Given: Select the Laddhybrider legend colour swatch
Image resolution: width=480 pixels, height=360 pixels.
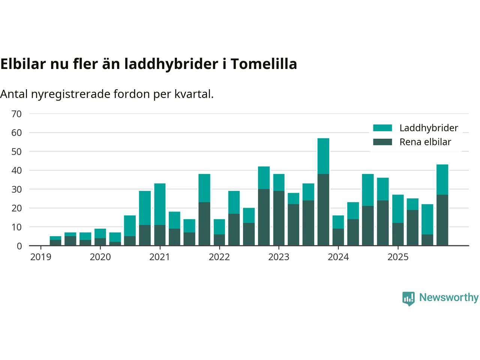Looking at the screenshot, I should click(x=382, y=128).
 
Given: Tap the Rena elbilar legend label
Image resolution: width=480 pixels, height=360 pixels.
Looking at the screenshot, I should click(x=425, y=142).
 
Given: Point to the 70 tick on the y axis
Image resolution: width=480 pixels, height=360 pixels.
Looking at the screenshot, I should click(x=16, y=114).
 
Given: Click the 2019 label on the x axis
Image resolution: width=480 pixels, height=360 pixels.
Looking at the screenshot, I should click(x=40, y=257).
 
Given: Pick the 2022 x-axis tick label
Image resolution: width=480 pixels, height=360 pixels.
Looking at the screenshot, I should click(x=219, y=257).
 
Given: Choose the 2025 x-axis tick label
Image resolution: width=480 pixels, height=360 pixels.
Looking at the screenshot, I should click(x=398, y=257).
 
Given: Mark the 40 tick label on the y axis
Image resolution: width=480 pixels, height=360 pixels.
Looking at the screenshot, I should click(x=16, y=171).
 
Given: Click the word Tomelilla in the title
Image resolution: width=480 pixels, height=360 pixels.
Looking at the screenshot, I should click(x=264, y=64).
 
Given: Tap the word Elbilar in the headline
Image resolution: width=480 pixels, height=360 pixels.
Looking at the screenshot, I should click(x=23, y=64).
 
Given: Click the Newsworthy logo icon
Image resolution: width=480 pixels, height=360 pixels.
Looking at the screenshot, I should click(x=408, y=298).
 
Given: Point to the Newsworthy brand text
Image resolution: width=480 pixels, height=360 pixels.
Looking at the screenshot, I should click(x=449, y=297).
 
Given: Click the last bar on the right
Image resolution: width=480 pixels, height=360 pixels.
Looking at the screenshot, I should click(x=442, y=205).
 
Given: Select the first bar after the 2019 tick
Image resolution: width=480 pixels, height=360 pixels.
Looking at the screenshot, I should click(x=55, y=241).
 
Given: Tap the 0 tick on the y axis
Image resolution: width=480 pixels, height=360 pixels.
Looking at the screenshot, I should click(x=19, y=246).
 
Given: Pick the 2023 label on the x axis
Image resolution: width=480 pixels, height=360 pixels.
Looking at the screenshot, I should click(x=279, y=257).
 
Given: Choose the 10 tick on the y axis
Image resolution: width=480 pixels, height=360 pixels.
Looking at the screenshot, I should click(x=16, y=227).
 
